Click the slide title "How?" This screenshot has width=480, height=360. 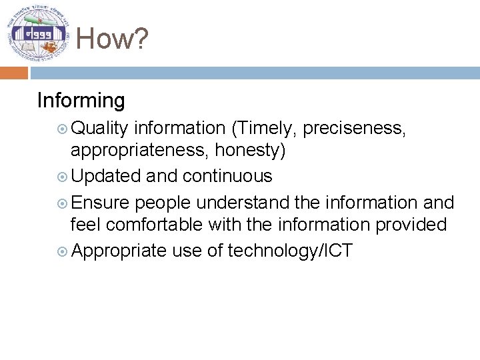[111, 39]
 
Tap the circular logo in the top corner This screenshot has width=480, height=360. [38, 33]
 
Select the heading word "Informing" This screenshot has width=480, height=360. [81, 101]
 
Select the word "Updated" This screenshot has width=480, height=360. [105, 176]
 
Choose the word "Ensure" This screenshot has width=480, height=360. [101, 202]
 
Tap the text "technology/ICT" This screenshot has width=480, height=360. [290, 251]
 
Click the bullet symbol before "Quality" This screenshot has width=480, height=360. [62, 128]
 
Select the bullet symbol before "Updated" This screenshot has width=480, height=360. [62, 177]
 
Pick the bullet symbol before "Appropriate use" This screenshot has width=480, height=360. [62, 251]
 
